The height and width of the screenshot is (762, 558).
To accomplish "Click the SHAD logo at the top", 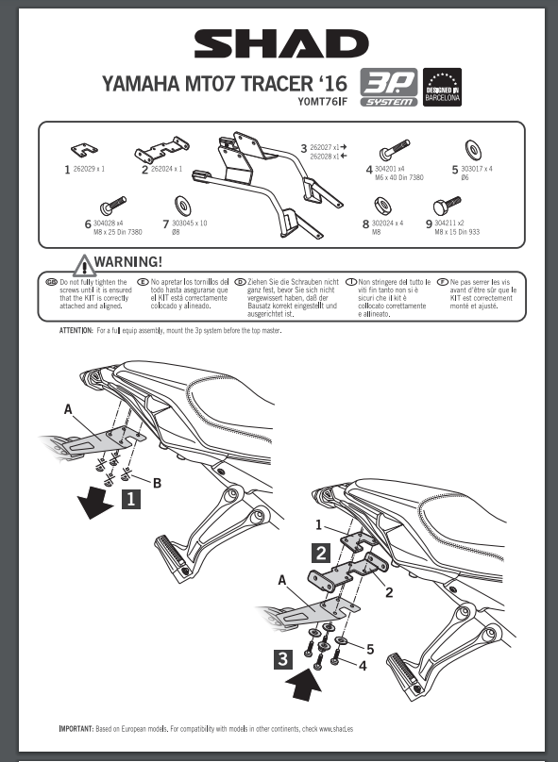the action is [281, 43].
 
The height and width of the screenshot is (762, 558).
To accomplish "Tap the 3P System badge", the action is [389, 87].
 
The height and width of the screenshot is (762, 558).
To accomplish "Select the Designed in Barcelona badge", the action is [442, 87].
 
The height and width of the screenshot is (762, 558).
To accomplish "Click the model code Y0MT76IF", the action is [323, 102].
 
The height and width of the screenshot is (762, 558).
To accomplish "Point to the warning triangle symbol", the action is [85, 266].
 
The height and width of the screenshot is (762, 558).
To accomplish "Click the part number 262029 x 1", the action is [89, 169].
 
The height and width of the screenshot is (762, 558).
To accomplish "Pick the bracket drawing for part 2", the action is [162, 150].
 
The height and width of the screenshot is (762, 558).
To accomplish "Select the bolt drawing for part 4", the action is [394, 149].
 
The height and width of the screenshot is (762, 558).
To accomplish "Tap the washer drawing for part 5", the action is [473, 150].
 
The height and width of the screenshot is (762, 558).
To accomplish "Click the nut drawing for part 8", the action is [383, 206].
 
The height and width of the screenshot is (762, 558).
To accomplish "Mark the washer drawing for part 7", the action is [182, 206].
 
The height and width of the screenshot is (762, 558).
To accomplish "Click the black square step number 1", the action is [131, 499].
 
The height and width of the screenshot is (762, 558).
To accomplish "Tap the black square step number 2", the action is [321, 553].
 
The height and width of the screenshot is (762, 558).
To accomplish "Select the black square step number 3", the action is [283, 659].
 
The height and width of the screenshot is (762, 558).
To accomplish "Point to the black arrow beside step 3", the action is [304, 685].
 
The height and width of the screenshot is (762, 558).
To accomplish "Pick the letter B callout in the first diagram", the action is [157, 483].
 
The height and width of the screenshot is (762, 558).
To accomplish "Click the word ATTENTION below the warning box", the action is [76, 330].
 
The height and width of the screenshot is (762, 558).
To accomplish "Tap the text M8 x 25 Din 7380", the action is [118, 232].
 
